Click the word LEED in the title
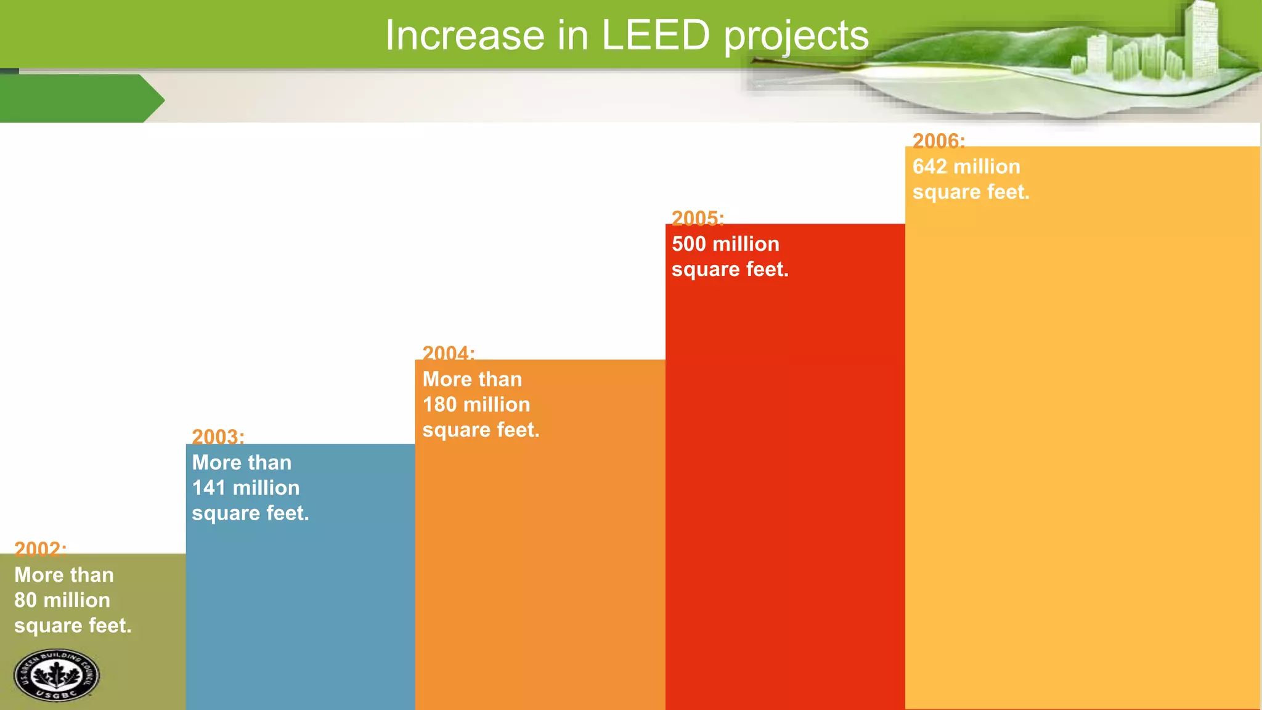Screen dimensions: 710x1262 pyautogui.click(x=655, y=35)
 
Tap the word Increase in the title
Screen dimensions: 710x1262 pyautogui.click(x=465, y=35)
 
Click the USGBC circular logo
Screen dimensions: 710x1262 pyautogui.click(x=56, y=675)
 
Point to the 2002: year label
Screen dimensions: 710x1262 pyautogui.click(x=40, y=549)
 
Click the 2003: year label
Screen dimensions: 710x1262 pyautogui.click(x=218, y=436)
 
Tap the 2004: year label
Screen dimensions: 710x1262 pyautogui.click(x=448, y=353)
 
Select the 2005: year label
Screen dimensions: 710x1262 pyautogui.click(x=698, y=218)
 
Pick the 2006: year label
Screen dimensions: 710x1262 pyautogui.click(x=938, y=141)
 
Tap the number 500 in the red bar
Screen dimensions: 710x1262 pyautogui.click(x=689, y=244)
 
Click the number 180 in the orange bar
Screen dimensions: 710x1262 pyautogui.click(x=439, y=405)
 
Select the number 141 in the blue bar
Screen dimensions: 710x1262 pyautogui.click(x=208, y=488)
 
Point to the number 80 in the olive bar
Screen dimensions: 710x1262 pyautogui.click(x=26, y=600)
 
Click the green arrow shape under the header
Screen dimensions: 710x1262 pyautogui.click(x=80, y=99)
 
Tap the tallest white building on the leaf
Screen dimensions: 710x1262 pyautogui.click(x=1202, y=37)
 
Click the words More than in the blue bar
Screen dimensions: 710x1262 pyautogui.click(x=242, y=462)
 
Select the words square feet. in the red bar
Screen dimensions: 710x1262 pyautogui.click(x=730, y=269)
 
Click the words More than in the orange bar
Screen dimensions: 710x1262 pyautogui.click(x=472, y=379)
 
